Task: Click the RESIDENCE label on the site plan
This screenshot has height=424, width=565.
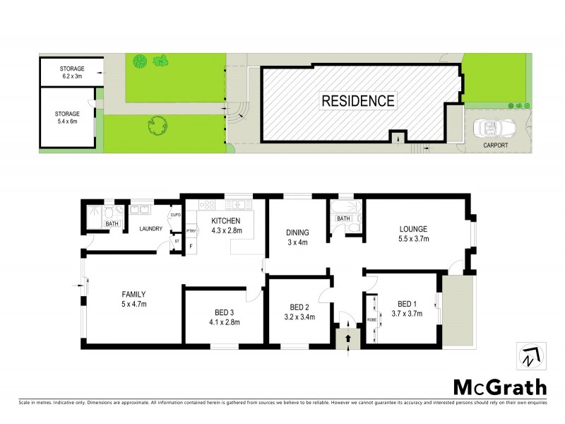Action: point(358,100)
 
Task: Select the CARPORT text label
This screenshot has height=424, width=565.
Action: point(495,146)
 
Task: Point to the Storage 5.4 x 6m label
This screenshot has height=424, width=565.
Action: point(67,117)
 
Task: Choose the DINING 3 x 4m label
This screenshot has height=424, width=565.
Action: point(297,237)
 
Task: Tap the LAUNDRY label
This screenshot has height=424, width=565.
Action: point(151,228)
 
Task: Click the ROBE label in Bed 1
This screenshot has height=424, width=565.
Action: point(371,319)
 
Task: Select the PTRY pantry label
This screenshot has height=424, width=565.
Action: point(191,231)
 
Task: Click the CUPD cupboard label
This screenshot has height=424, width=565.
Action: point(176,216)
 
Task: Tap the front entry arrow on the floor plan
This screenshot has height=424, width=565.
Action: point(347,340)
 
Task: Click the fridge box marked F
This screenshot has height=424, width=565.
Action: point(191,246)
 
